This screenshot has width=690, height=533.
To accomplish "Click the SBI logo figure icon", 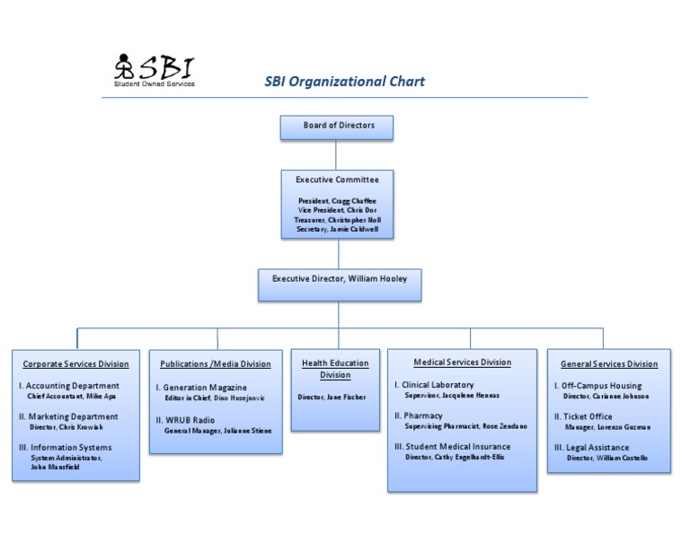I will click(x=123, y=67).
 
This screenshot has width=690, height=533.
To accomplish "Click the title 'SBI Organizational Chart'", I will click(x=344, y=82).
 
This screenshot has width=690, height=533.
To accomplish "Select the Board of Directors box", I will click(x=338, y=126).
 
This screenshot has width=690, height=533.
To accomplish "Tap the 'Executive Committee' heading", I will click(x=338, y=180).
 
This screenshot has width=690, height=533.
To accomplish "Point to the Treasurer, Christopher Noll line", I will click(x=338, y=219).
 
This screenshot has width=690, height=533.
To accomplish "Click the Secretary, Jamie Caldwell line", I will click(x=338, y=230).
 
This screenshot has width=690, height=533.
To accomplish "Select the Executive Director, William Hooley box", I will click(x=340, y=279).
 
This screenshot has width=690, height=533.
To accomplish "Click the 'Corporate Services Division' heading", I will click(x=75, y=364).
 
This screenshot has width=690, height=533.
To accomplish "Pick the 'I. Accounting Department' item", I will click(x=69, y=386).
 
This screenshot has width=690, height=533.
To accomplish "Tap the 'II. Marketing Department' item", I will click(x=69, y=416).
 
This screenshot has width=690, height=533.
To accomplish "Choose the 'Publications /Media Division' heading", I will click(x=216, y=364).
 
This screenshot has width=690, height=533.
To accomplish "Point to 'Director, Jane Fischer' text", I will click(x=332, y=397).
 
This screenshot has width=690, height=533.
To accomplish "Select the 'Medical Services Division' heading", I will click(x=463, y=363).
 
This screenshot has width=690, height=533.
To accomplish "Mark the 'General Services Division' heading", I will click(x=609, y=364).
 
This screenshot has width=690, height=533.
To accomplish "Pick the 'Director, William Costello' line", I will click(x=606, y=458).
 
